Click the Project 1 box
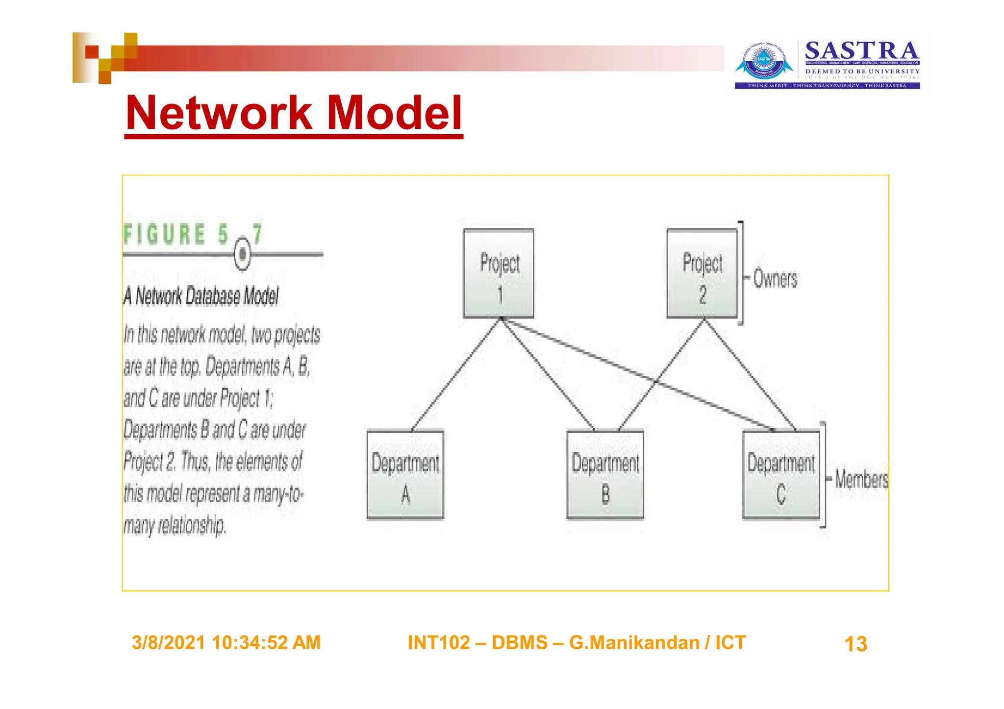[499, 273]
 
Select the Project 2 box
[702, 273]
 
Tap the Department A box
[405, 474]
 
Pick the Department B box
[605, 474]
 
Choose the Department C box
[781, 474]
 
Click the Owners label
[775, 279]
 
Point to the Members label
[861, 479]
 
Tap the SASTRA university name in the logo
[862, 51]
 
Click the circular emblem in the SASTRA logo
[764, 61]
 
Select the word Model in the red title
[394, 113]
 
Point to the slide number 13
[855, 644]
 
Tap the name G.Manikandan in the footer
[634, 642]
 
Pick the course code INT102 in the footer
[438, 642]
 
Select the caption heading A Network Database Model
[201, 296]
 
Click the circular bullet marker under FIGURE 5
[242, 254]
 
